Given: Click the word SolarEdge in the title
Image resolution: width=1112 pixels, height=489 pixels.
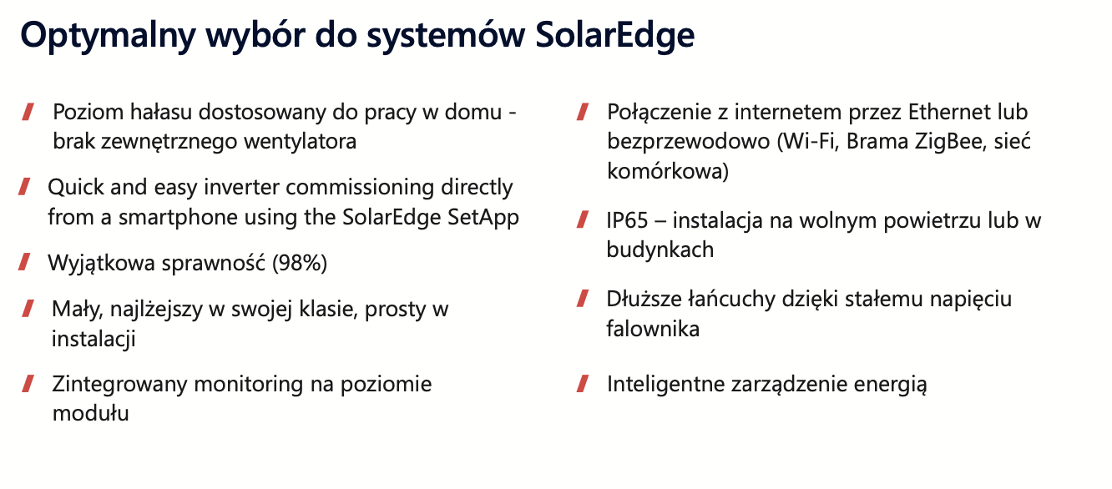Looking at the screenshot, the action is coord(614,36).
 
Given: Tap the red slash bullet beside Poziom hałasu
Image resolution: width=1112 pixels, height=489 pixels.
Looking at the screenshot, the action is coord(28,112).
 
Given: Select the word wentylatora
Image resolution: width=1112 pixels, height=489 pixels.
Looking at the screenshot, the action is coord(301,142).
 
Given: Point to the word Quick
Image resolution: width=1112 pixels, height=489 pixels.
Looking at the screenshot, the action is coord(76,188).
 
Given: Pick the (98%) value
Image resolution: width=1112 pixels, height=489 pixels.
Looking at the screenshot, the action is coord(300,263).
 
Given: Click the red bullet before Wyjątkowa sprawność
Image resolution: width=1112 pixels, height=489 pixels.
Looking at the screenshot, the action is coord(24,262).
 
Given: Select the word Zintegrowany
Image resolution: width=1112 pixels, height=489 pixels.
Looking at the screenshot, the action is coord(119,385).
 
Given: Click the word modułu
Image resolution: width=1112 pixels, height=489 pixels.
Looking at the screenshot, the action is coord(91,414).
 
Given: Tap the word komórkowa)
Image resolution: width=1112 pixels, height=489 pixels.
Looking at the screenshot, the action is coord(668,172).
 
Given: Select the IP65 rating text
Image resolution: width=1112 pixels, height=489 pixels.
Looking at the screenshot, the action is coord(627,221).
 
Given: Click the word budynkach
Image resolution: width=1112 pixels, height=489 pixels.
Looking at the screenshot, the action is coord(660,250).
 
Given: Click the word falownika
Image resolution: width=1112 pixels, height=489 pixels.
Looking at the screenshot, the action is coord(653,329).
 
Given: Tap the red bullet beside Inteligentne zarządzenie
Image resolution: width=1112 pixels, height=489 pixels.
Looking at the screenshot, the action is coord(583,384).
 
